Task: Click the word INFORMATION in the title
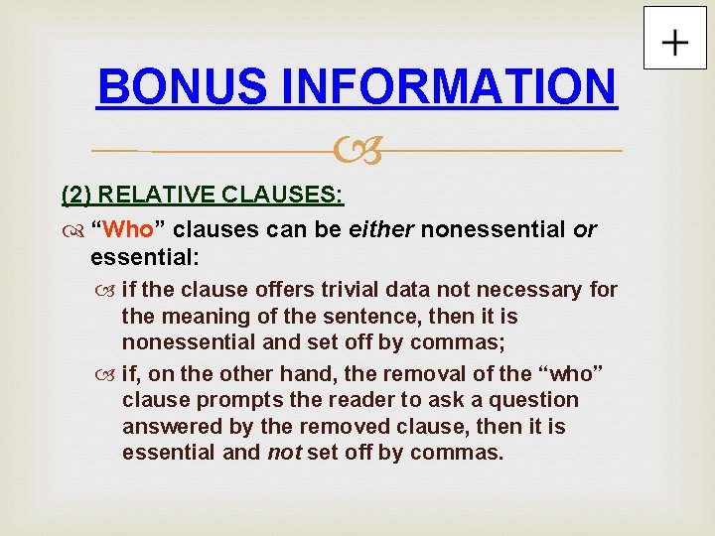[x=449, y=86]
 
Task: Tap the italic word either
[x=381, y=230]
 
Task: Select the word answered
[x=166, y=427]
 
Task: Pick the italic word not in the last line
[x=286, y=454]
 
